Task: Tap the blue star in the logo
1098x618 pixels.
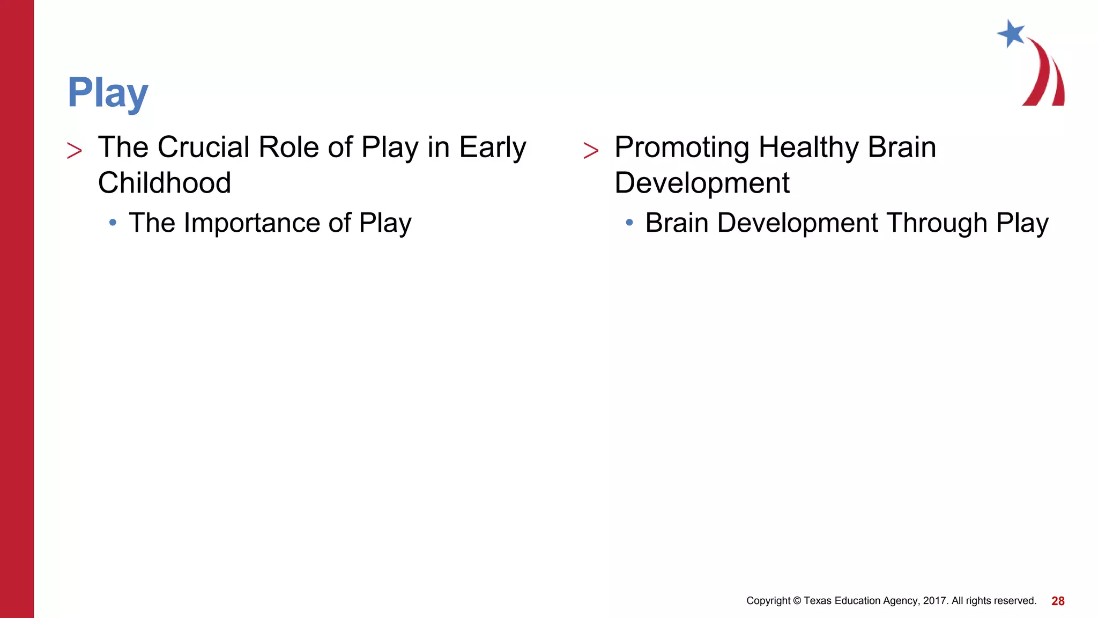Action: [x=1011, y=34]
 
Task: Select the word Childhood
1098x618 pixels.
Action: [x=164, y=183]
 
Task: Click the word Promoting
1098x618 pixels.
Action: [x=681, y=148]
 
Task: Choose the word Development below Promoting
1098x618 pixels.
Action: [x=701, y=183]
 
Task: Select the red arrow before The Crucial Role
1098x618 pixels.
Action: [x=75, y=151]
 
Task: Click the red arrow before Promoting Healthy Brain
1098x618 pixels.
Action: [x=591, y=151]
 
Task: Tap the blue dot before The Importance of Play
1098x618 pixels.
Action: [x=113, y=222]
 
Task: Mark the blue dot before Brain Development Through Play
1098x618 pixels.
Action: [x=629, y=222]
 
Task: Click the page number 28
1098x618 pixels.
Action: [x=1057, y=601]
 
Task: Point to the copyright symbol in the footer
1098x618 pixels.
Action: [x=797, y=601]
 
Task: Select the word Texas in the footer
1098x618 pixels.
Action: [x=818, y=601]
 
